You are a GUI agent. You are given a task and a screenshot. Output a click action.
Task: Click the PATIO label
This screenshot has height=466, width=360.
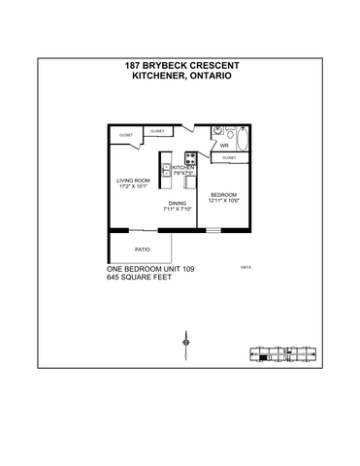(142, 250)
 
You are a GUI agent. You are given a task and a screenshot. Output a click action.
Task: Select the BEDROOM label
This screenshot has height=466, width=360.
(223, 194)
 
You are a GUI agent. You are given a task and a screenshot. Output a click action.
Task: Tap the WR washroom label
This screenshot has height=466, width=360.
(223, 147)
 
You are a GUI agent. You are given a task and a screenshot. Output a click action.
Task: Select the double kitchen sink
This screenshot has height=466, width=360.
(167, 174)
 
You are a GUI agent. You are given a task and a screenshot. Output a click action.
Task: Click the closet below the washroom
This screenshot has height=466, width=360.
(229, 157)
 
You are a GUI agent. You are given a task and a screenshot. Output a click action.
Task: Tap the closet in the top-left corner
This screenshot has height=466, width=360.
(126, 134)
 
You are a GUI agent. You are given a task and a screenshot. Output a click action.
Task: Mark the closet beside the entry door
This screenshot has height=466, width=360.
(157, 131)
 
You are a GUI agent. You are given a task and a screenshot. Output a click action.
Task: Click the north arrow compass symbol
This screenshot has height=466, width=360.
(184, 342)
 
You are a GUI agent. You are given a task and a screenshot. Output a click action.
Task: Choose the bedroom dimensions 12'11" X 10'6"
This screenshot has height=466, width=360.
(223, 201)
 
